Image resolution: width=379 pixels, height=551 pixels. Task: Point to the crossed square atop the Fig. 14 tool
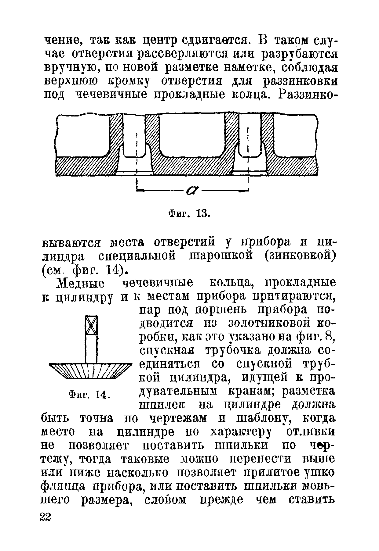91,325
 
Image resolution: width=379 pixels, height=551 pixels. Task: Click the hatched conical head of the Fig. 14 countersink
90,371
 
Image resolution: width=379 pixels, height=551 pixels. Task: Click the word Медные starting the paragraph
80,283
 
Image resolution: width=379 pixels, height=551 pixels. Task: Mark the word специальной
137,256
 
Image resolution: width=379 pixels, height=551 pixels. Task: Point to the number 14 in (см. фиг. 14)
113,269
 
